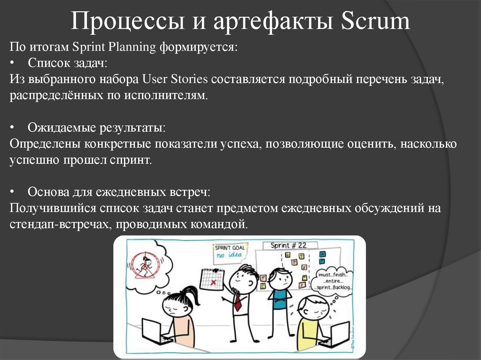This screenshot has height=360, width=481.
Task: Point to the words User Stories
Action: pyautogui.click(x=174, y=79)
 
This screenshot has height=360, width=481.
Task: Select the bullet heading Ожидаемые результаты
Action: pyautogui.click(x=96, y=127)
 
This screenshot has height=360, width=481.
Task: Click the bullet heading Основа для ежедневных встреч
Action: pyautogui.click(x=118, y=192)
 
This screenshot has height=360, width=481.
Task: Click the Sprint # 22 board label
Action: pyautogui.click(x=288, y=245)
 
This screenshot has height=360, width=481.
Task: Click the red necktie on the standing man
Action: pyautogui.click(x=238, y=300)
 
